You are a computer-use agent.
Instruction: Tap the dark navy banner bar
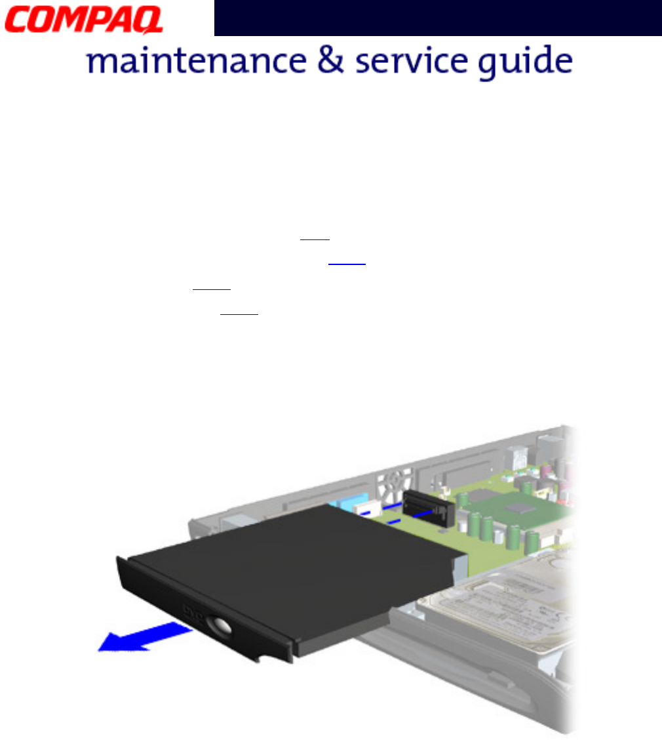coord(437,18)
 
